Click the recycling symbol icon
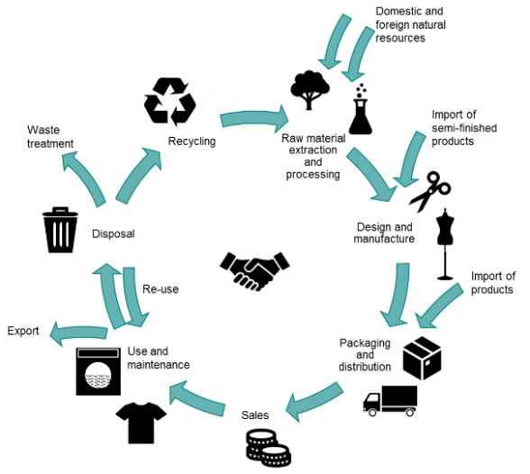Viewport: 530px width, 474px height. click(169, 102)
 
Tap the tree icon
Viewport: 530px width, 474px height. click(310, 90)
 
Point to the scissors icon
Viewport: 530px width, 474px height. click(429, 192)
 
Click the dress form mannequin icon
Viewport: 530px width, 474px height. click(445, 244)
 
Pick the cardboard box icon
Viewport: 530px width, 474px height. click(422, 358)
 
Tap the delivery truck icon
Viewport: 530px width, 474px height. click(390, 401)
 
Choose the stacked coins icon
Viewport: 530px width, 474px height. click(268, 448)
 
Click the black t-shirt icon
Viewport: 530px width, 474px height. click(141, 423)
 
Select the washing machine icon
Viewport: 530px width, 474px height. click(98, 371)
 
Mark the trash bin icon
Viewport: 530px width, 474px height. click(60, 230)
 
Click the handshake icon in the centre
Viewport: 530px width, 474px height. click(254, 270)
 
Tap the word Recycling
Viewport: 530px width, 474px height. click(192, 141)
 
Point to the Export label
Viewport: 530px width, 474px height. click(23, 331)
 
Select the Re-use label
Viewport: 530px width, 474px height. click(160, 289)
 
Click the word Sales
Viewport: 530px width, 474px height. click(255, 415)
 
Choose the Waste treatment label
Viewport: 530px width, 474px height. click(50, 137)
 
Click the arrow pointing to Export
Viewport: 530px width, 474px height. click(78, 333)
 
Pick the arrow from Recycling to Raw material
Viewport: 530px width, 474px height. click(254, 118)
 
